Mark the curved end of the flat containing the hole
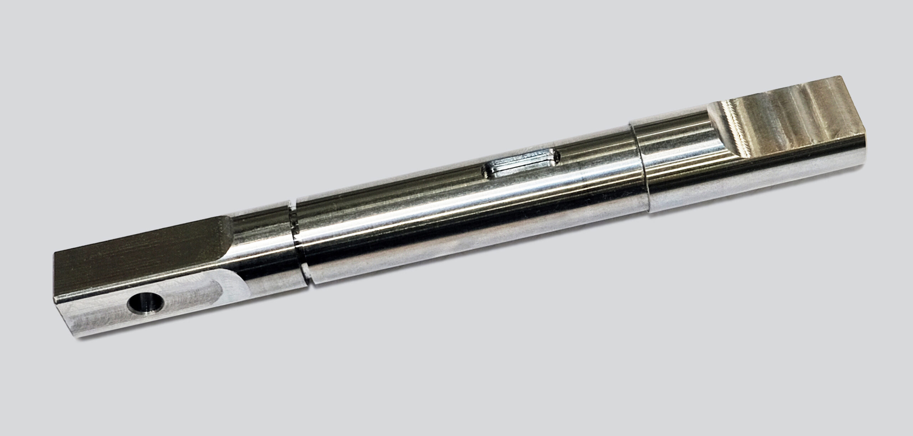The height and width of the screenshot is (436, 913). (235, 282)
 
